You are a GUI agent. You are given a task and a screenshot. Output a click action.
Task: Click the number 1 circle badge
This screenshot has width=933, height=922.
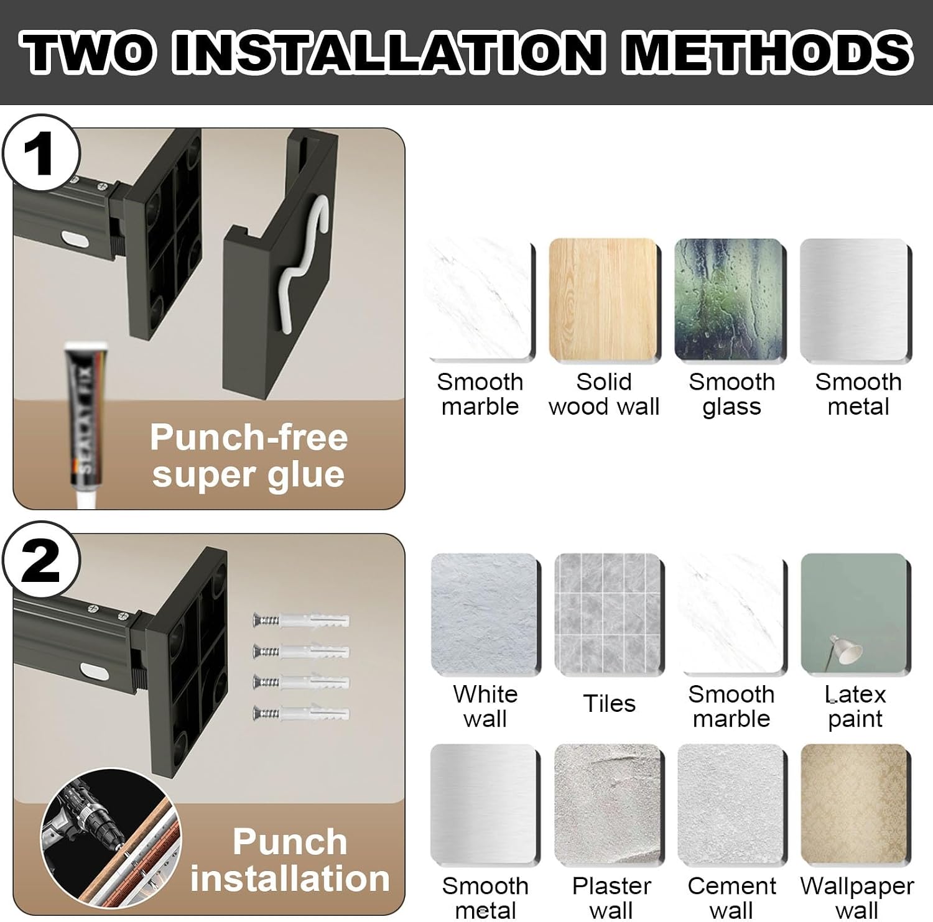(x=41, y=153)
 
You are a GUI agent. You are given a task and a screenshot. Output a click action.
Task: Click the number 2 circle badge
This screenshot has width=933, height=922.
(x=41, y=560)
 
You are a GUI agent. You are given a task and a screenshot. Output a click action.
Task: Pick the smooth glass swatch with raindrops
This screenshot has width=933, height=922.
(x=730, y=300)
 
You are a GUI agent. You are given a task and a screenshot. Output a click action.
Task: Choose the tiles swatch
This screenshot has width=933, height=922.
(x=610, y=614)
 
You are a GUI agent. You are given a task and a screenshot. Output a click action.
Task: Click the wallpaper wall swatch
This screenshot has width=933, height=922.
(x=856, y=804)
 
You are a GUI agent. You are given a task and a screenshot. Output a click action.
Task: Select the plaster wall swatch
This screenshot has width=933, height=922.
(x=610, y=804)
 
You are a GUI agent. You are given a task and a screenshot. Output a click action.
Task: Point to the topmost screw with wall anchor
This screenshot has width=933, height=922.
(x=301, y=620)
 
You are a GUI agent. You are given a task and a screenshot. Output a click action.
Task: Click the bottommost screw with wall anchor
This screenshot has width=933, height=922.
(x=301, y=712)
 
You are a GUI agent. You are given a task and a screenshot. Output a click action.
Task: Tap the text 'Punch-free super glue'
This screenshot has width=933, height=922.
(x=249, y=456)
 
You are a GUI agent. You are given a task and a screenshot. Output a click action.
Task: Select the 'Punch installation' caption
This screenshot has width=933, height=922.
(x=290, y=860)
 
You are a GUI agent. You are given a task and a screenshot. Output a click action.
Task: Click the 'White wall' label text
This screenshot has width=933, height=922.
(x=485, y=706)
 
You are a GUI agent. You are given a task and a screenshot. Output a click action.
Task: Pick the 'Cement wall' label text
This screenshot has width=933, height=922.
(x=731, y=898)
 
